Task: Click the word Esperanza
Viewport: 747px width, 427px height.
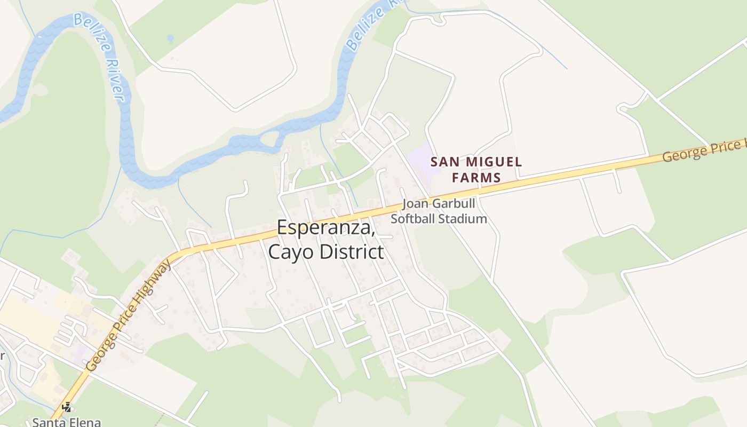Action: pyautogui.click(x=325, y=228)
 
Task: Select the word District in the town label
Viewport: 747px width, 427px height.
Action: pyautogui.click(x=353, y=251)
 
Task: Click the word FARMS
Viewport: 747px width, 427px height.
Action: pyautogui.click(x=476, y=178)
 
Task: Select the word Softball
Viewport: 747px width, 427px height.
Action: pyautogui.click(x=414, y=218)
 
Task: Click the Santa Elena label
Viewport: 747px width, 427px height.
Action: pyautogui.click(x=66, y=422)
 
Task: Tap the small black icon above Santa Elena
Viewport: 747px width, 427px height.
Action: pyautogui.click(x=67, y=407)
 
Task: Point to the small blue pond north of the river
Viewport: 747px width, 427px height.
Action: pyautogui.click(x=170, y=38)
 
